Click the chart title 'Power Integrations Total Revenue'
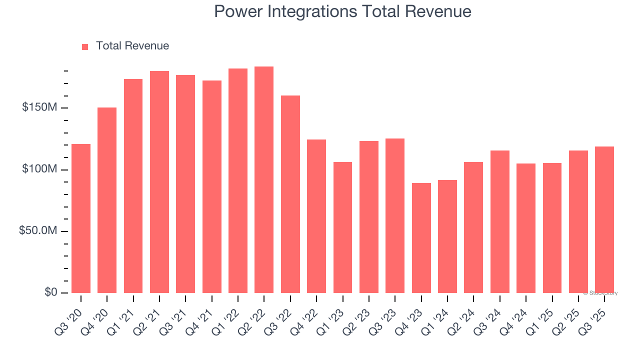point(342,11)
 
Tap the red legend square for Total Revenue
point(85,46)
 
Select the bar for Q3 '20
point(81,218)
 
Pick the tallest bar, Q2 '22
point(264,180)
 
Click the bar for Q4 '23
point(421,238)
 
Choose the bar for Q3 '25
point(604,220)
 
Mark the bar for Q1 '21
point(133,186)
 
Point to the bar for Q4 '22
point(316,216)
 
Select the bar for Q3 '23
point(395,215)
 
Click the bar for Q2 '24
point(473,227)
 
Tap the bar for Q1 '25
point(552,228)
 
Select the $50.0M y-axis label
point(38,231)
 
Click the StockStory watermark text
point(600,293)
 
